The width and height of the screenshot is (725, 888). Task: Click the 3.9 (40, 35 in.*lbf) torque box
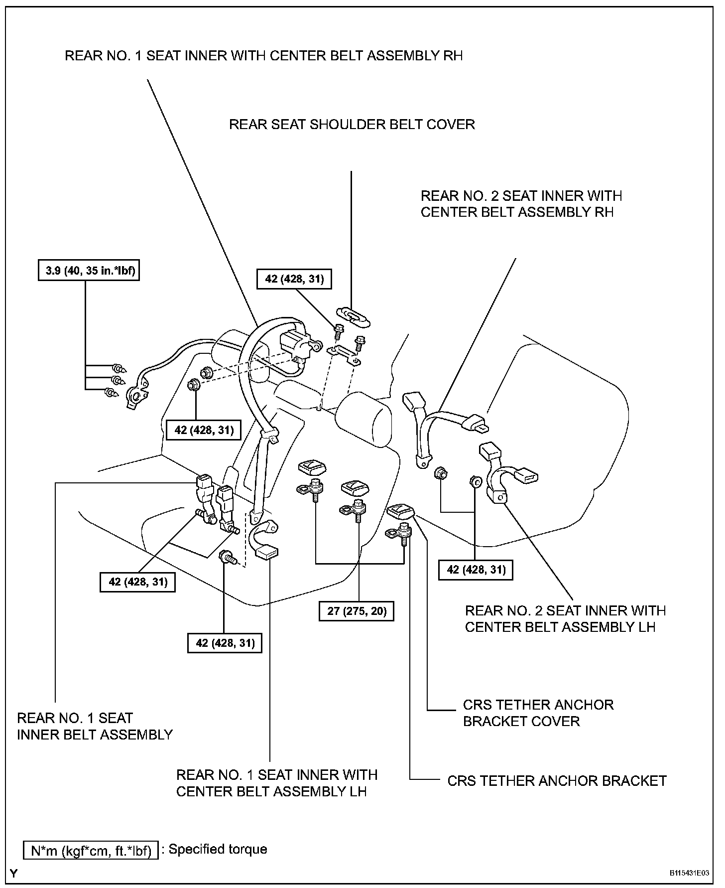coord(89,271)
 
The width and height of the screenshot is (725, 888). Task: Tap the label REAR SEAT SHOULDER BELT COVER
coord(352,124)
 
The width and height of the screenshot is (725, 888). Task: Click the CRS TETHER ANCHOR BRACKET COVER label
coord(538,713)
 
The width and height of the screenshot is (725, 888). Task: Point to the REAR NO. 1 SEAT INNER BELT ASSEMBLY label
coord(95,726)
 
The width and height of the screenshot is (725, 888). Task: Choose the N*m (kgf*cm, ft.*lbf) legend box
coord(91,850)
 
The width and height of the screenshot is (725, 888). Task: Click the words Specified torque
coord(218,849)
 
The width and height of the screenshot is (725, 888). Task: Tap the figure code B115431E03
coord(689,874)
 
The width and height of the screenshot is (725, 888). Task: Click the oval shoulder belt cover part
coord(354,317)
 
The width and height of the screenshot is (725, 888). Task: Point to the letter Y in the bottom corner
coord(14,873)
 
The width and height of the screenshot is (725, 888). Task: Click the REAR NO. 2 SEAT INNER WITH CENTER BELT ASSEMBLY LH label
coord(565,618)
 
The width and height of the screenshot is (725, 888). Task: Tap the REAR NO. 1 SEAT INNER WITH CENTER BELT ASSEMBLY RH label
coord(264,55)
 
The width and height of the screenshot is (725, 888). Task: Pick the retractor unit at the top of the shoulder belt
coord(297,342)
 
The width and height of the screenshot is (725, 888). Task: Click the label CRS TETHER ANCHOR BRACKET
coord(557,780)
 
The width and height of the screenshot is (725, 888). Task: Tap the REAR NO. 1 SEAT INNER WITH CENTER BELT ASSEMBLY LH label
coord(277,783)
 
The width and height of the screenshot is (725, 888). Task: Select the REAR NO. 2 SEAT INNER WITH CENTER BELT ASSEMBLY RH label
coord(521,204)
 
